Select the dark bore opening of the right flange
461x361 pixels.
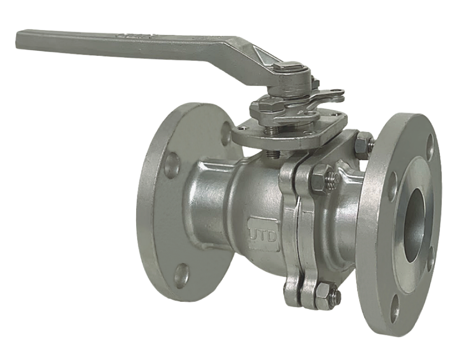click(415, 225)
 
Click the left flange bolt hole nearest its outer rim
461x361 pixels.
click(172, 165)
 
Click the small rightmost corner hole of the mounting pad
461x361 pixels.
click(337, 115)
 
